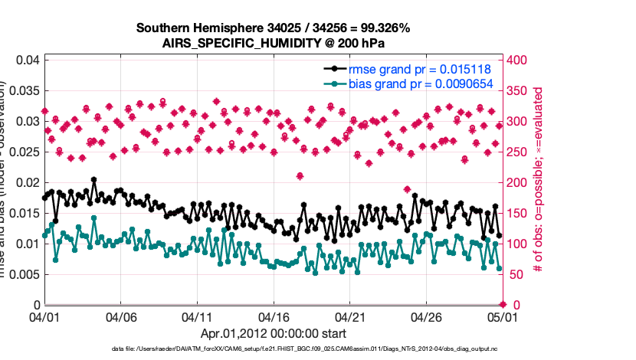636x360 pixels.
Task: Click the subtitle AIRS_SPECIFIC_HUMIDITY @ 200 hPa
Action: pyautogui.click(x=273, y=43)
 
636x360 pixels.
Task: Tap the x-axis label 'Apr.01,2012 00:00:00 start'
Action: pyautogui.click(x=273, y=334)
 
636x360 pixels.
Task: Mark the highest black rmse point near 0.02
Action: pyautogui.click(x=93, y=180)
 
